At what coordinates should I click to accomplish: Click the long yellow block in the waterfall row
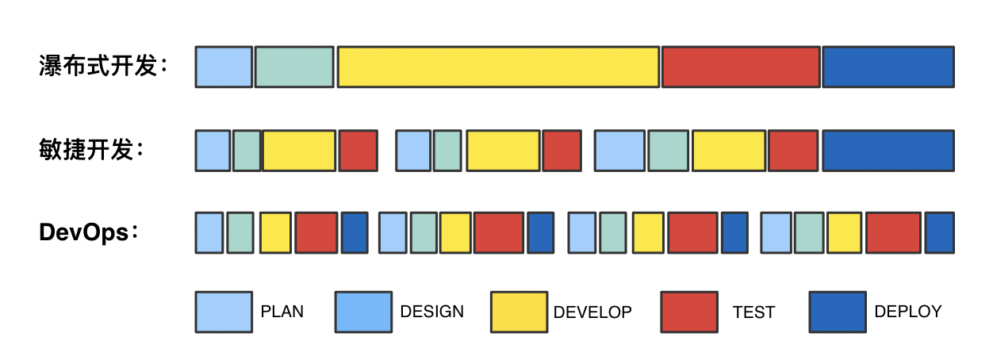pos(498,67)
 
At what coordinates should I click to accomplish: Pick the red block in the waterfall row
pos(741,67)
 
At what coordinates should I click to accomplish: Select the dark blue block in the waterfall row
pos(888,67)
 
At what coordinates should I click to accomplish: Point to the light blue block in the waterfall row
pos(224,67)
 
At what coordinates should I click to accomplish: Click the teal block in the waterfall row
pos(294,67)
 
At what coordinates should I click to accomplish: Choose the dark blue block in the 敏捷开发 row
pos(888,151)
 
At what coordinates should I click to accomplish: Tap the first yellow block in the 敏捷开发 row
pos(299,151)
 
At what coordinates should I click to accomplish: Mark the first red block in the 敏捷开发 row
pos(358,151)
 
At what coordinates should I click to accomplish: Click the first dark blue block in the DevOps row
pos(355,233)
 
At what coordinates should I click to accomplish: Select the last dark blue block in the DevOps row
pos(940,233)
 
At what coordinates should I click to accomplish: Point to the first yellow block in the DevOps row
pos(275,233)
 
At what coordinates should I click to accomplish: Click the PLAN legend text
pos(282,312)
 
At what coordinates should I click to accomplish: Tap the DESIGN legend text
pos(432,312)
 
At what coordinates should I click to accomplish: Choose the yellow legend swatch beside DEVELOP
pos(519,312)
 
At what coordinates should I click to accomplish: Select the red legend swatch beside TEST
pos(688,312)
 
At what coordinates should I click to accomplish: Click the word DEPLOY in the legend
pos(908,312)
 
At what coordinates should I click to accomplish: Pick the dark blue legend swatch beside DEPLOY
pos(838,312)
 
